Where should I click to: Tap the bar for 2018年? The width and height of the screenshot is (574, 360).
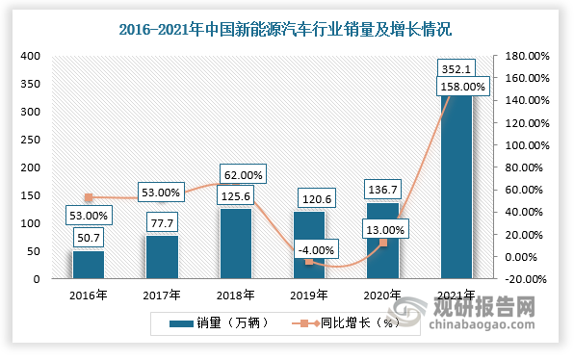click(234, 245)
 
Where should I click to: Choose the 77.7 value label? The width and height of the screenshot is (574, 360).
click(162, 223)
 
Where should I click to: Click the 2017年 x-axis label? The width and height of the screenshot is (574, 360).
click(162, 295)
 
